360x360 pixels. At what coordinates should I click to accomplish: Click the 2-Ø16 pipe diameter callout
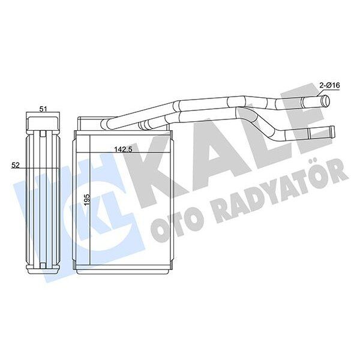pyautogui.click(x=330, y=86)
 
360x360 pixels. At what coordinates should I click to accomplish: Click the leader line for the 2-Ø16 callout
pyautogui.click(x=321, y=93)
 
